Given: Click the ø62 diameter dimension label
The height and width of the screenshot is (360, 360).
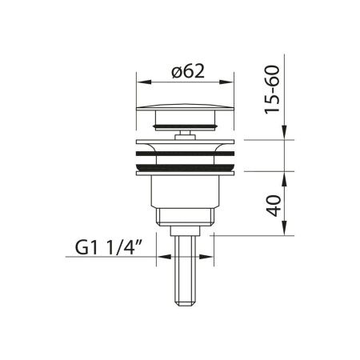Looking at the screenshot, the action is (188, 71).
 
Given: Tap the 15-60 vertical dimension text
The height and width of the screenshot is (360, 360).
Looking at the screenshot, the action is (272, 90).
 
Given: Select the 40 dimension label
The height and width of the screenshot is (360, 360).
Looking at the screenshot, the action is (274, 206).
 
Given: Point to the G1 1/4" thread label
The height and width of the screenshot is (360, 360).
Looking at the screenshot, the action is (107, 247).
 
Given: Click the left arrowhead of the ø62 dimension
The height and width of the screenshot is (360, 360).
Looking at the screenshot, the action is (144, 82).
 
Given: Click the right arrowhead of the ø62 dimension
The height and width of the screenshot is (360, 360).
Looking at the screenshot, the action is (226, 82).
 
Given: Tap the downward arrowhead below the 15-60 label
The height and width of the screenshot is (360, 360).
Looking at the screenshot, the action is (285, 132).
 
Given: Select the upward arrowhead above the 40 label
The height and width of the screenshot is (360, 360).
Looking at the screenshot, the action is (285, 178).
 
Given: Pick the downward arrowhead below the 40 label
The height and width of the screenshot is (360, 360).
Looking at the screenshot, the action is (285, 228).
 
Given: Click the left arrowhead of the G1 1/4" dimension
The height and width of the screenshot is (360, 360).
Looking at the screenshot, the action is (164, 257).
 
